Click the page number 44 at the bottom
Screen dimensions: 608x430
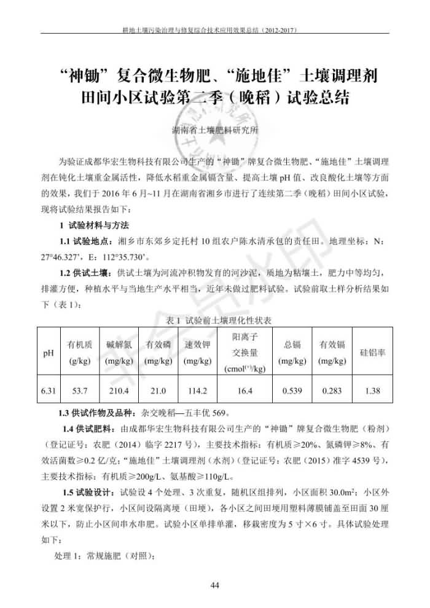[215, 585]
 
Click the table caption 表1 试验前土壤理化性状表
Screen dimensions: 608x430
[215, 321]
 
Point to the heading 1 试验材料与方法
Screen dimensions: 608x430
[94, 225]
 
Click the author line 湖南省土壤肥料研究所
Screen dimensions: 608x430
[215, 131]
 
